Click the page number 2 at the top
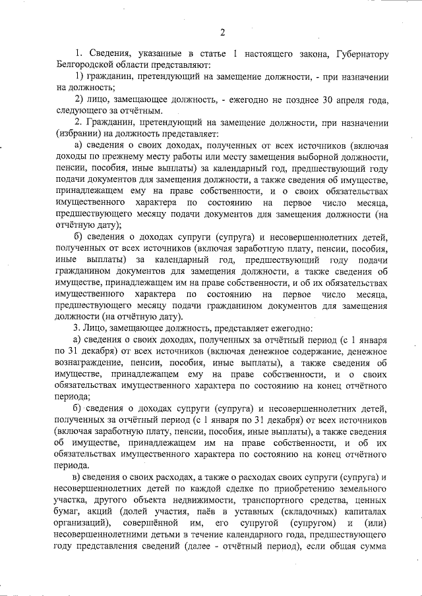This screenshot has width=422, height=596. (223, 32)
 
